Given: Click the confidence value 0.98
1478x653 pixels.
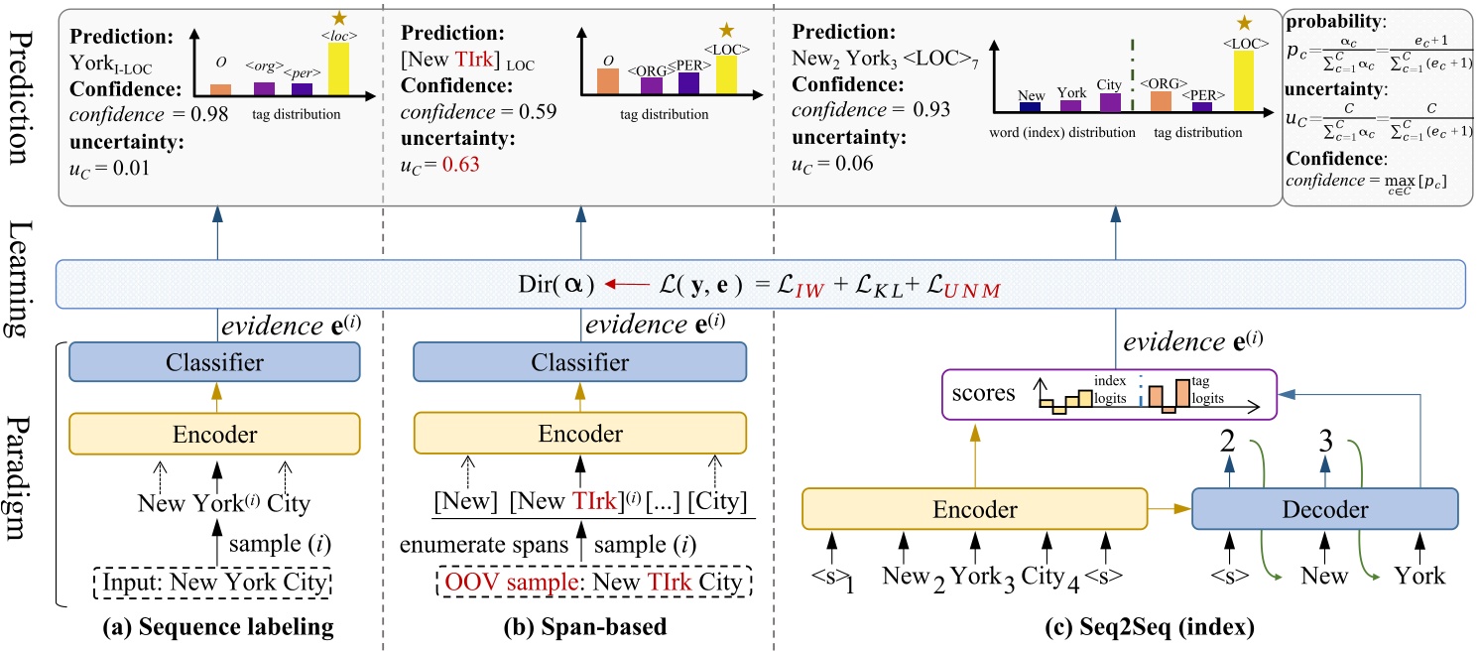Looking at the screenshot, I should click(210, 116).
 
